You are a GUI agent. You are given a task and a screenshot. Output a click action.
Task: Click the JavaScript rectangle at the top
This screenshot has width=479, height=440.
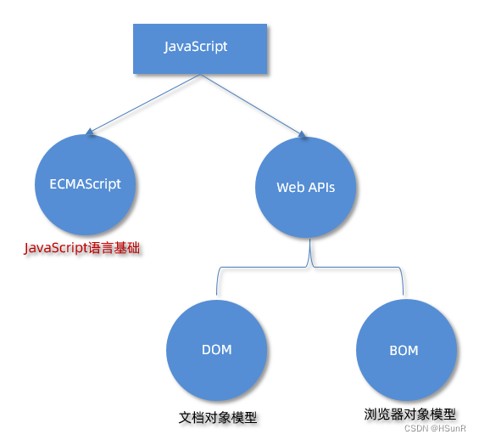200,48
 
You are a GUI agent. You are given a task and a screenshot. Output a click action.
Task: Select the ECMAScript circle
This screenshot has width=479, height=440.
84,184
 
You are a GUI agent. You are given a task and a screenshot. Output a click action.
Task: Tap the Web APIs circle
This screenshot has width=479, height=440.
306,187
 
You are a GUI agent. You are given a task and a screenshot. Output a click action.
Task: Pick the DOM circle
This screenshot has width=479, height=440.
217,349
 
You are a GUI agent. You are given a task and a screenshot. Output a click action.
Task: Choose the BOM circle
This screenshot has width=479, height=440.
405,350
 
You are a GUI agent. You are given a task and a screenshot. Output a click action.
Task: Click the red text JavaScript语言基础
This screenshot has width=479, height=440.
81,248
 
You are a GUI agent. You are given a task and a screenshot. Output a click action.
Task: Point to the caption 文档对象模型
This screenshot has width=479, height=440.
218,418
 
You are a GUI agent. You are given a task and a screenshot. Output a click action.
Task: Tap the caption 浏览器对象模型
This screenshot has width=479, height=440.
409,415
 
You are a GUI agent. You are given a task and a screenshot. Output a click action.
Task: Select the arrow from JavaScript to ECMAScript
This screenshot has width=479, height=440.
144,104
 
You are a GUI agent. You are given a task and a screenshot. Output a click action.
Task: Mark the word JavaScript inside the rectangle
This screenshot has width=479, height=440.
196,47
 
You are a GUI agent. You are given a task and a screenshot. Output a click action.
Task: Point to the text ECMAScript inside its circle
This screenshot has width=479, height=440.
85,183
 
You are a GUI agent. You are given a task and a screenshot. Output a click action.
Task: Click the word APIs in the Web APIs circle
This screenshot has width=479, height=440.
319,187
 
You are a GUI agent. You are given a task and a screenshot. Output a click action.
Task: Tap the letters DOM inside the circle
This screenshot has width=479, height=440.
217,349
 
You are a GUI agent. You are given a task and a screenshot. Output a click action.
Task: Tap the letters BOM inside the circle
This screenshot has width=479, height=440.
404,350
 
